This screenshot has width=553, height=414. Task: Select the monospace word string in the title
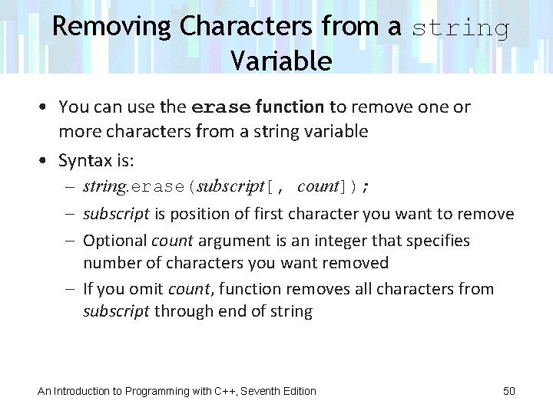point(461,28)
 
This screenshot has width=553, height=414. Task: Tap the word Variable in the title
point(280,61)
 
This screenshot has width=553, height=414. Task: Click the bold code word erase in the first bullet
point(221,107)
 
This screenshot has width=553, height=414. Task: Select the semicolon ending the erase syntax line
point(366,187)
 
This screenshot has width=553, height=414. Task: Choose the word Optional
point(115,240)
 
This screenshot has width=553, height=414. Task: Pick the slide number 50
point(508,391)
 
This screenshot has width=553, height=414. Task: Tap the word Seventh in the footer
point(263,391)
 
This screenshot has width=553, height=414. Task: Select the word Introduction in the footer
point(83,391)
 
